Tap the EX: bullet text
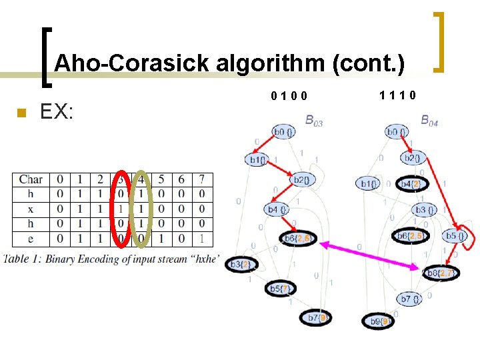[57, 111]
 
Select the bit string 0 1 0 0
[289, 96]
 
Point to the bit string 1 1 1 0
[398, 95]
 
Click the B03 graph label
[314, 121]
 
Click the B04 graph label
[430, 121]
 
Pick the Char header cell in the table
[31, 179]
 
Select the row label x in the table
[31, 209]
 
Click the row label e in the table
[31, 238]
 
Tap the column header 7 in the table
[202, 179]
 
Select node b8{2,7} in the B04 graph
[439, 272]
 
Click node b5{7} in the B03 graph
[280, 289]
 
